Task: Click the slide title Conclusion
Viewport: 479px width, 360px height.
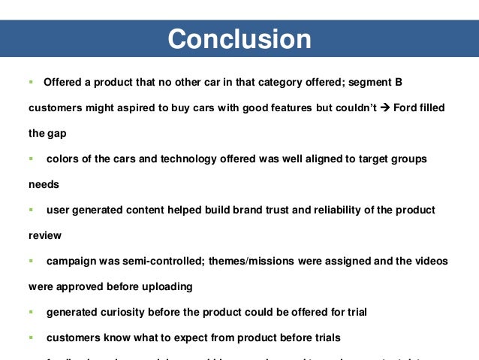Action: point(239,39)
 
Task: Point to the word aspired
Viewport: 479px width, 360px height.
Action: point(131,107)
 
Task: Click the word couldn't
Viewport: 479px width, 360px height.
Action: point(346,107)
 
